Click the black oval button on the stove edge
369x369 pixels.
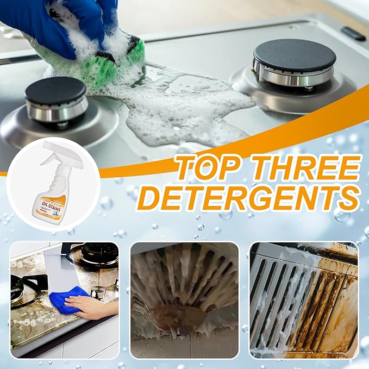(x=354, y=34)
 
